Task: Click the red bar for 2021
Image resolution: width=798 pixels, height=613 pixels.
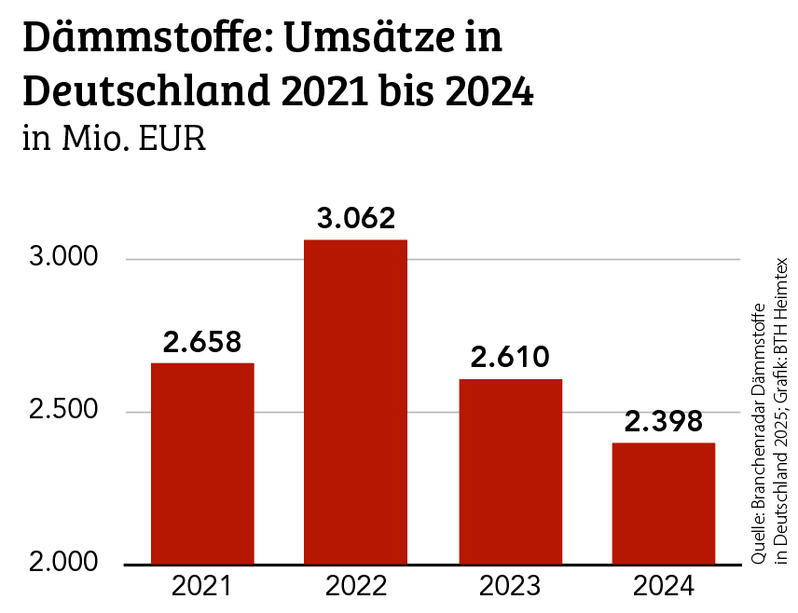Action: coord(202,463)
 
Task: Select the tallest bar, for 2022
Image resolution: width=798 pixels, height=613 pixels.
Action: coord(356,402)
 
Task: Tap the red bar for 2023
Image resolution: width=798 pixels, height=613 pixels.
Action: coord(510,470)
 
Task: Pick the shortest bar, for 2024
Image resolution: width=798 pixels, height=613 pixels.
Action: coord(664,503)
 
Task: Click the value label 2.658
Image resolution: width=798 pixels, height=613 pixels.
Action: coord(202,342)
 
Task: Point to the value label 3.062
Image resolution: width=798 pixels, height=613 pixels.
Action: coord(356,219)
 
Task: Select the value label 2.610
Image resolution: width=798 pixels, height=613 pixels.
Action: coord(510,358)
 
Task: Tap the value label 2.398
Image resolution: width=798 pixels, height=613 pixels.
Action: coord(664,422)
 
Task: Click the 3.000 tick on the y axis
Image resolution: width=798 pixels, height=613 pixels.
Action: coord(64,258)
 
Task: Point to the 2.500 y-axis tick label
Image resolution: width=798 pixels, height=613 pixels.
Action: coord(64,411)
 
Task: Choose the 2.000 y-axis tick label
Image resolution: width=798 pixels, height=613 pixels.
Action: coord(64,564)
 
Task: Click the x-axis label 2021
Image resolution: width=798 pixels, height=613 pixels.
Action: coord(202,587)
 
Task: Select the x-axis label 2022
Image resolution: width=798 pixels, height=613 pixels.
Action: coord(356,587)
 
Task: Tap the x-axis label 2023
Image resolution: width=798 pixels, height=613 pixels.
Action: coord(510,587)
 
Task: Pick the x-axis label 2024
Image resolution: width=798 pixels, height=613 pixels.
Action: coord(664,587)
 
